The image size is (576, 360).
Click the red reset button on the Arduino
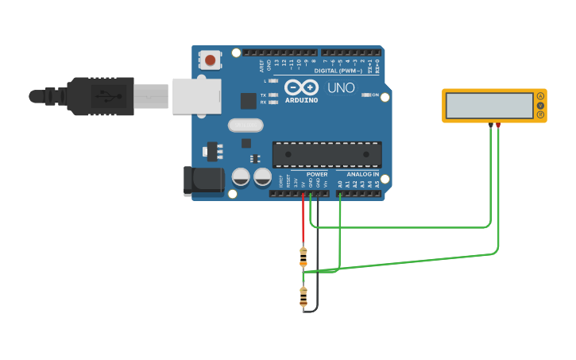pyautogui.click(x=210, y=59)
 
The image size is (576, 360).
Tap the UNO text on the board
pyautogui.click(x=341, y=87)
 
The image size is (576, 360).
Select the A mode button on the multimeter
pyautogui.click(x=541, y=96)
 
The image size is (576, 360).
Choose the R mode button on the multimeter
pyautogui.click(x=541, y=115)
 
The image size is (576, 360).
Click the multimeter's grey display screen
pyautogui.click(x=489, y=106)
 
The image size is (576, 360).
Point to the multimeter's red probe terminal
pyautogui.click(x=498, y=125)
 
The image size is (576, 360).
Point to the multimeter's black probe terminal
pyautogui.click(x=490, y=125)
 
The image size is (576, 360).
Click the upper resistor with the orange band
pyautogui.click(x=303, y=256)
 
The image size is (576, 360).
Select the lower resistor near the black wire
pyautogui.click(x=303, y=296)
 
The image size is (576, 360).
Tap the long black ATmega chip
pyautogui.click(x=327, y=154)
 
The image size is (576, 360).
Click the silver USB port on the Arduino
pyautogui.click(x=196, y=96)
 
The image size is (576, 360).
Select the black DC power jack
pyautogui.click(x=203, y=180)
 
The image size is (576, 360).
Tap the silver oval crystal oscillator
pyautogui.click(x=245, y=125)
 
